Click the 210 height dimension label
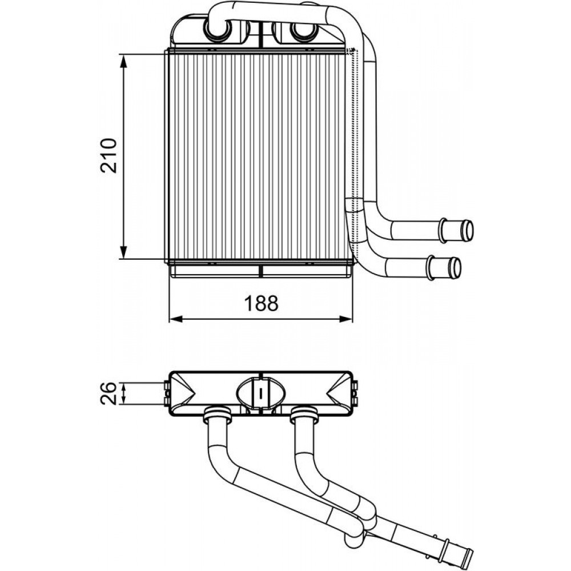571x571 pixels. pyautogui.click(x=109, y=155)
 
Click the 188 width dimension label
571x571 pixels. pyautogui.click(x=261, y=303)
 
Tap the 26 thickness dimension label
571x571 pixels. pyautogui.click(x=108, y=393)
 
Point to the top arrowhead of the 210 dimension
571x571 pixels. pyautogui.click(x=124, y=61)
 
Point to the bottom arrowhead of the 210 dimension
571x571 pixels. pyautogui.click(x=124, y=252)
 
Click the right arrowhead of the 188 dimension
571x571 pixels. pyautogui.click(x=346, y=319)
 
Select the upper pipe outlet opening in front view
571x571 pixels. pyautogui.click(x=467, y=231)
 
